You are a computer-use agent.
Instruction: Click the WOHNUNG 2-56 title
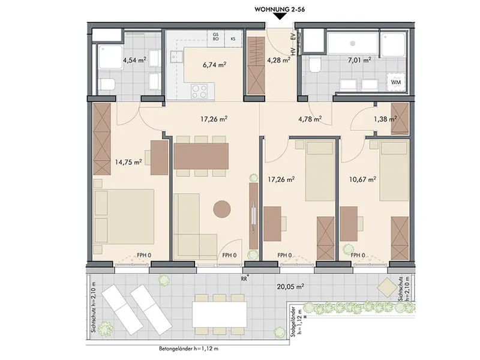[x=280, y=10]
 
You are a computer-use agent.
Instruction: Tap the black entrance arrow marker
[x=279, y=17]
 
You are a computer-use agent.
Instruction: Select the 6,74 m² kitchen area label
[x=214, y=65]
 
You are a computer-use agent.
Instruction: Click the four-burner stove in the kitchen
[x=199, y=92]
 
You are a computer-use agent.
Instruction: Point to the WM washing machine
[x=396, y=82]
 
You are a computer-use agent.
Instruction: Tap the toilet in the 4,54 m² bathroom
[x=107, y=84]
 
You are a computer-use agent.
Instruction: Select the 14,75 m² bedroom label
[x=128, y=162]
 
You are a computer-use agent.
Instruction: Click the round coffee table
[x=222, y=209]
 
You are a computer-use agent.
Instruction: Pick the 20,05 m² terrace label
[x=290, y=287]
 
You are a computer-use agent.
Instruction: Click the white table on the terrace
[x=219, y=314]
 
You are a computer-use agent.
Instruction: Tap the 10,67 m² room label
[x=363, y=179]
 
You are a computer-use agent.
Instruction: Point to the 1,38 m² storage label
[x=385, y=119]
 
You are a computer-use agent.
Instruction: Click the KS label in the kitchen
[x=233, y=39]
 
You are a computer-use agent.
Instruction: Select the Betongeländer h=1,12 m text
[x=188, y=349]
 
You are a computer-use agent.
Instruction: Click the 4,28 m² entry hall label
[x=278, y=60]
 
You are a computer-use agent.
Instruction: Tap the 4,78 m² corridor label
[x=310, y=119]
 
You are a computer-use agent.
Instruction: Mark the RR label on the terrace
[x=245, y=279]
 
